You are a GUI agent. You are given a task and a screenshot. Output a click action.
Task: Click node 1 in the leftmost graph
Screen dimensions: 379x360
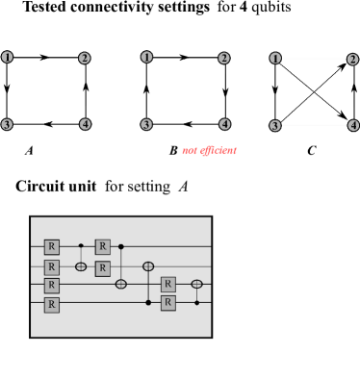(8, 57)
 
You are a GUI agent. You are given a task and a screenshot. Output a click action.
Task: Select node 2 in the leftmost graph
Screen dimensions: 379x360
(85, 59)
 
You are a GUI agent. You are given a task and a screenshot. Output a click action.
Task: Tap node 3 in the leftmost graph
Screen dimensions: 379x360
(7, 125)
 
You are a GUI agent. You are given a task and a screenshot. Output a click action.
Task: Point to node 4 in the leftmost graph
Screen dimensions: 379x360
(86, 124)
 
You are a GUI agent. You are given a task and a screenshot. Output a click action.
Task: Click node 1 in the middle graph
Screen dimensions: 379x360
(146, 57)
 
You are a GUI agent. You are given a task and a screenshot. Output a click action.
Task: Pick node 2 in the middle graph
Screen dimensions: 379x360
(224, 59)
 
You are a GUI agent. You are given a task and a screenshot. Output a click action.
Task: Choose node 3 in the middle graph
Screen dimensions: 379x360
(146, 124)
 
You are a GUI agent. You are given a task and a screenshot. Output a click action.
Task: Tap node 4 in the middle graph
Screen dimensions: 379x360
(225, 124)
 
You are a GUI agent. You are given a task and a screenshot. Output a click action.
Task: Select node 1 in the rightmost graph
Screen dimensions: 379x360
(275, 59)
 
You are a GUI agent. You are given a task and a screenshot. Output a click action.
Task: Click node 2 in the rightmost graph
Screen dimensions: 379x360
(353, 59)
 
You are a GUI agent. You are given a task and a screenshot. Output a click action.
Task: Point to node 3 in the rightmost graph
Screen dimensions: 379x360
(275, 126)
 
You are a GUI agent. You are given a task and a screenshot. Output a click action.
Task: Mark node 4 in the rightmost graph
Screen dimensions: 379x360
(353, 125)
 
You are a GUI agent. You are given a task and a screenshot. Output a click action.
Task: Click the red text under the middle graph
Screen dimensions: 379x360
(209, 151)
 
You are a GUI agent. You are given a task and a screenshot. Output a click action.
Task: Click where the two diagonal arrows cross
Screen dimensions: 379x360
(314, 92)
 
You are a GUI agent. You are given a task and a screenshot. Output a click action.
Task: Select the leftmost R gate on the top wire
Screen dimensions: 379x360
(52, 247)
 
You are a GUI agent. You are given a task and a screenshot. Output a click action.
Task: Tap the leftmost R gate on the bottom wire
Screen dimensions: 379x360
(52, 304)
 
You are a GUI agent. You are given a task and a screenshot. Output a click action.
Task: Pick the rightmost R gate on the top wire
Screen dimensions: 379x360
(103, 247)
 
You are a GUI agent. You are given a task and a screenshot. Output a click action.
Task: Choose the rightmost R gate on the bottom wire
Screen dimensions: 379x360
(168, 303)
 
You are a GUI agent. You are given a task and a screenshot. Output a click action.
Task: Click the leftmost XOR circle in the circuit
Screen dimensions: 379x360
(81, 265)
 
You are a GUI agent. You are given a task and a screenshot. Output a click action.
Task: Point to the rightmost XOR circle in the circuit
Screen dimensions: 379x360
(197, 284)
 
